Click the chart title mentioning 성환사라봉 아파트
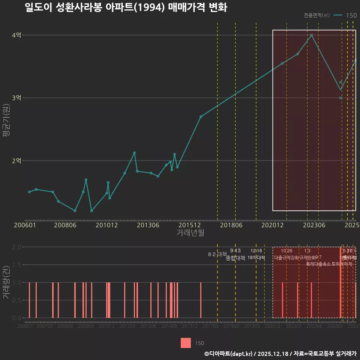[x=126, y=7]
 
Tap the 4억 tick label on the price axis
[x=16, y=35]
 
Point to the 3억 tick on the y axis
[x=16, y=98]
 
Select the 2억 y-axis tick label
[x=16, y=160]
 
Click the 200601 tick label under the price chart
[x=25, y=225]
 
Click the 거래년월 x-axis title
[x=190, y=233]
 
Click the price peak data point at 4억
[x=311, y=35]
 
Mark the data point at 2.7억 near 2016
[x=201, y=117]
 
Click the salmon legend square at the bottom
[x=186, y=343]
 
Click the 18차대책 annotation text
[x=256, y=258]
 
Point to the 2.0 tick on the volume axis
[x=16, y=247]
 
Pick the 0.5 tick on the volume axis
[x=16, y=300]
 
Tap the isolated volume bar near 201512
[x=201, y=300]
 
